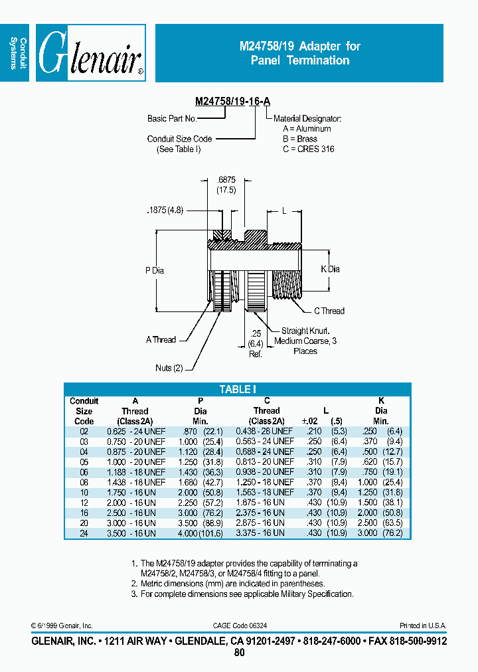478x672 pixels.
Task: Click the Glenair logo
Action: tap(90, 53)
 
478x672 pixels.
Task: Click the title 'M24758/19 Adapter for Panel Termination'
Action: tap(299, 53)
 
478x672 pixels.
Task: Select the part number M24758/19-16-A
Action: tap(232, 102)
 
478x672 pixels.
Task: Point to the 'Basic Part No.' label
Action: tap(172, 118)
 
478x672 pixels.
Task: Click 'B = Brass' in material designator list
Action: tap(300, 139)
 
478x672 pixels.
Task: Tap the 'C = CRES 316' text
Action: tap(308, 149)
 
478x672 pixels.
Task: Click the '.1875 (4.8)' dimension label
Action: tap(165, 212)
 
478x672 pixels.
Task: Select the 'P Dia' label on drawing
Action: tap(154, 270)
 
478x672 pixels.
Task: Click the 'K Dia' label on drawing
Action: tap(330, 269)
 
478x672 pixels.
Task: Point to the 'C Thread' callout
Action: tap(329, 311)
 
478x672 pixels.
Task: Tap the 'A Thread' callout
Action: tap(161, 339)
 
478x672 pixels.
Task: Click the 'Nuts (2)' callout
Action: tap(169, 368)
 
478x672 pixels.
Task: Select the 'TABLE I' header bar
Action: tap(237, 390)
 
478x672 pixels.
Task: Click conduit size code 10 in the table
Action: tap(84, 492)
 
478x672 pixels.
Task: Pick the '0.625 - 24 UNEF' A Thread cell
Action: tap(135, 431)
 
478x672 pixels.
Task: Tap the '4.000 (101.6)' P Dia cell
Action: tap(200, 533)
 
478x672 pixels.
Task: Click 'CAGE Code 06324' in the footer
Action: tap(239, 626)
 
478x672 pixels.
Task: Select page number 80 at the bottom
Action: tap(239, 653)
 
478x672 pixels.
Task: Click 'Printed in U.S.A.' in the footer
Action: tap(423, 626)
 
